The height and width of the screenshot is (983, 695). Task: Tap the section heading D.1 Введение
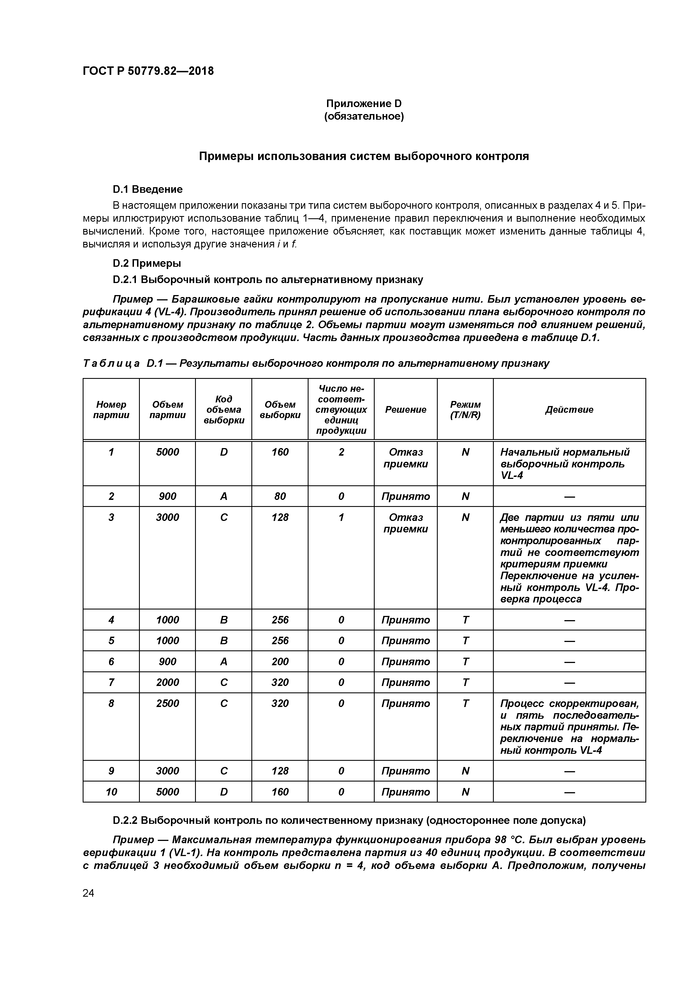(x=148, y=189)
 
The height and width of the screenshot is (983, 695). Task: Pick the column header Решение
(x=406, y=409)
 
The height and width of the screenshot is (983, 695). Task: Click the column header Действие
(x=569, y=409)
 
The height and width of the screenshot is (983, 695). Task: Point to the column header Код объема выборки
(x=224, y=409)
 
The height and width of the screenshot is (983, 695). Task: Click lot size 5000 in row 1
(x=167, y=452)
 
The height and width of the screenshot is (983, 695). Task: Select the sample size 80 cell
(x=280, y=496)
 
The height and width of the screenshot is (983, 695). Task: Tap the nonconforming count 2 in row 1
(x=341, y=452)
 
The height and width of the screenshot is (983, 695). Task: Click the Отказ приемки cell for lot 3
(x=406, y=523)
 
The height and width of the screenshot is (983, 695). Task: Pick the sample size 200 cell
(x=280, y=662)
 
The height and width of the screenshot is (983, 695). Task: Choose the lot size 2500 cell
(x=167, y=703)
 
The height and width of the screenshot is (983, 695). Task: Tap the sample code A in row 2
(x=224, y=496)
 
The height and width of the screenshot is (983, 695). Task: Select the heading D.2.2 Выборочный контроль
(x=349, y=820)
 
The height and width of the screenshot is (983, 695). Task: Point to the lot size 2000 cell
(x=167, y=682)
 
